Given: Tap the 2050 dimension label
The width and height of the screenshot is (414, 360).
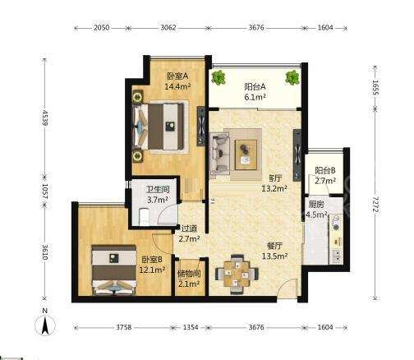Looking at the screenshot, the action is (101, 28).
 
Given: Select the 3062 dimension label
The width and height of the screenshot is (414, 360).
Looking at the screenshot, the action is (168, 28).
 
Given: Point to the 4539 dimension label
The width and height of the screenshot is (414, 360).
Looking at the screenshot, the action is (44, 118).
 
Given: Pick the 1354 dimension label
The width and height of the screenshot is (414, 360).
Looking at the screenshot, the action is (191, 327).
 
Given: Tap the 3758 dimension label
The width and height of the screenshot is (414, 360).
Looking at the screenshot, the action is (124, 327).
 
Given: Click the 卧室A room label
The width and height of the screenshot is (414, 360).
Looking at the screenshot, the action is (177, 76).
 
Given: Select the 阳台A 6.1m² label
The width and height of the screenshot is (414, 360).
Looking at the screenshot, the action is (255, 92).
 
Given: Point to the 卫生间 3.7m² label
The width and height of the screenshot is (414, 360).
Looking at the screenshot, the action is (158, 195).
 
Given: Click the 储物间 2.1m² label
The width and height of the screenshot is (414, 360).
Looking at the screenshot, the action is (189, 279).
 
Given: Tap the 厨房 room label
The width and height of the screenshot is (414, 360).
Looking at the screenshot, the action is (316, 205).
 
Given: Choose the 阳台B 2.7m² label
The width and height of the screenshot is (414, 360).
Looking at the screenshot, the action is (325, 176).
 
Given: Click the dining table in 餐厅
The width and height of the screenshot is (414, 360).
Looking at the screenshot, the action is (237, 275).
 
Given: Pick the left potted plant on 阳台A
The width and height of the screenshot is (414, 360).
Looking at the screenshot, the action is (218, 77).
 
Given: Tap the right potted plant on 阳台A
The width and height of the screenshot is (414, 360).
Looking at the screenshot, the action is (292, 77).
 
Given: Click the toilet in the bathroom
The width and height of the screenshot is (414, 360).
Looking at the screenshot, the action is (144, 216).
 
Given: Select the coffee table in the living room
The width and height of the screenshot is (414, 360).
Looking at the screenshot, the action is (246, 155).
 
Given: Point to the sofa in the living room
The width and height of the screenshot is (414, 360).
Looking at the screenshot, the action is (219, 154).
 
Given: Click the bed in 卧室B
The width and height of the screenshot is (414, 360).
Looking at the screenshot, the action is (114, 270).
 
